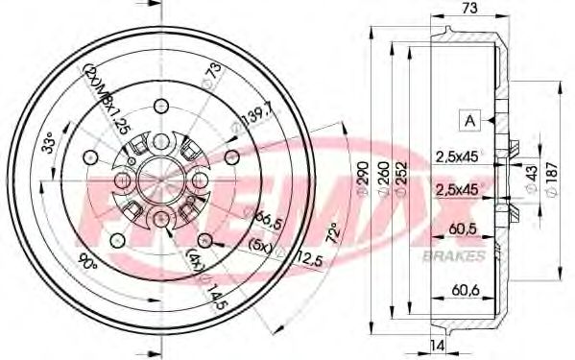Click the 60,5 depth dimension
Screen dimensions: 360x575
click(x=464, y=228)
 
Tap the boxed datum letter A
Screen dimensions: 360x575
click(x=470, y=120)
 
